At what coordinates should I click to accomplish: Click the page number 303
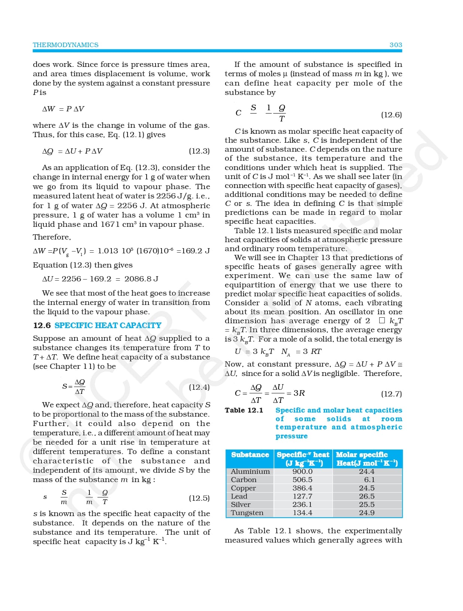(x=396, y=45)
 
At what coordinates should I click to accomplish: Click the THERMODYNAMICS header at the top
(x=65, y=45)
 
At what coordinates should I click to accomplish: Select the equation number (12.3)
(x=199, y=151)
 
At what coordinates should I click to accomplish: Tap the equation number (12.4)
(x=199, y=387)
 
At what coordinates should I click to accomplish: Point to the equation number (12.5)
(x=199, y=498)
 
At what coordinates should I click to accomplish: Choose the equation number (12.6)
(x=391, y=115)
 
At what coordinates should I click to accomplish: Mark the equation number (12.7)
(x=391, y=394)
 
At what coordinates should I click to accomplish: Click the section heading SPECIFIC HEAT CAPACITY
(x=108, y=325)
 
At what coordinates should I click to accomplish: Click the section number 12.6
(x=42, y=325)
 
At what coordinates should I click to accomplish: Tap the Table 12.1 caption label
(x=244, y=410)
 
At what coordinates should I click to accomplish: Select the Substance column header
(x=250, y=455)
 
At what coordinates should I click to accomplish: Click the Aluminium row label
(x=250, y=472)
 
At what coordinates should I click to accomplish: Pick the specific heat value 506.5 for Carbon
(x=302, y=480)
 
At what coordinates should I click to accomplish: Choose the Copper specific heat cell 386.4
(x=302, y=488)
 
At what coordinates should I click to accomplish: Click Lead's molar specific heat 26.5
(x=367, y=496)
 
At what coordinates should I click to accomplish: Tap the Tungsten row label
(x=247, y=513)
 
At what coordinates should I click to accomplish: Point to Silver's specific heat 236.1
(x=302, y=504)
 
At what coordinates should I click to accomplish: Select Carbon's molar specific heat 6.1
(x=369, y=480)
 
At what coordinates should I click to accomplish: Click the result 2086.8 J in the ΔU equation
(x=141, y=279)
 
